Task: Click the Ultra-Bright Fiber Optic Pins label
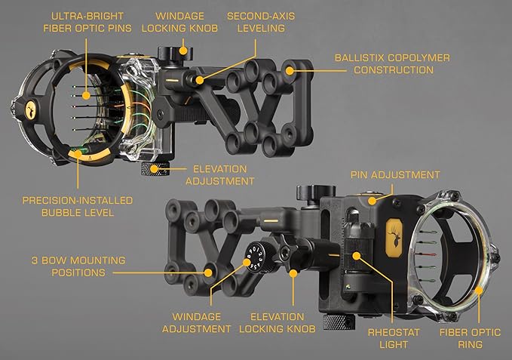point(86,21)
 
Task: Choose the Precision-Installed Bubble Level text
point(78,206)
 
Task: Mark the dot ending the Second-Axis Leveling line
point(199,78)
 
